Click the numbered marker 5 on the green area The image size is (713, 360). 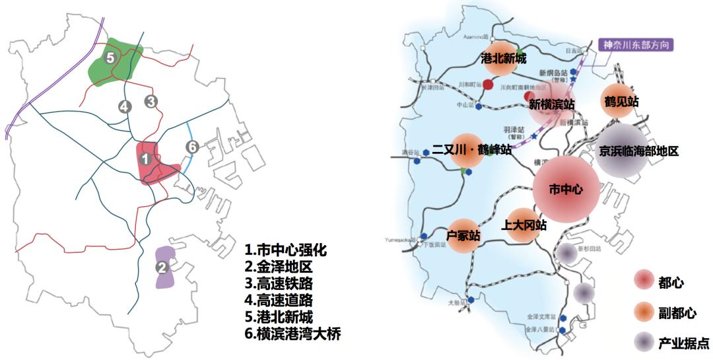(110, 58)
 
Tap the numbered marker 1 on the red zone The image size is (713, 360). (145, 159)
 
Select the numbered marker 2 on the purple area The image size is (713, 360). (162, 268)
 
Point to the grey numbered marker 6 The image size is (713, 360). (191, 147)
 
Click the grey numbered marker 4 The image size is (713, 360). (124, 106)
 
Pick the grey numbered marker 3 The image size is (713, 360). (152, 102)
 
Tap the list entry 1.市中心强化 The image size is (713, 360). (285, 251)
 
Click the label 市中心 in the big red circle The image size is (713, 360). (566, 189)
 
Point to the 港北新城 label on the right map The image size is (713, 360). (504, 59)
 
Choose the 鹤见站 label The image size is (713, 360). (621, 102)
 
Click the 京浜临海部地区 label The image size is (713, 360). (638, 151)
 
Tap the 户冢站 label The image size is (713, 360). (463, 235)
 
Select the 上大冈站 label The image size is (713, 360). (524, 225)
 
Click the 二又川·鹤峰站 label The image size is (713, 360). (471, 150)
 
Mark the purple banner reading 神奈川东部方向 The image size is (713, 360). (635, 46)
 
